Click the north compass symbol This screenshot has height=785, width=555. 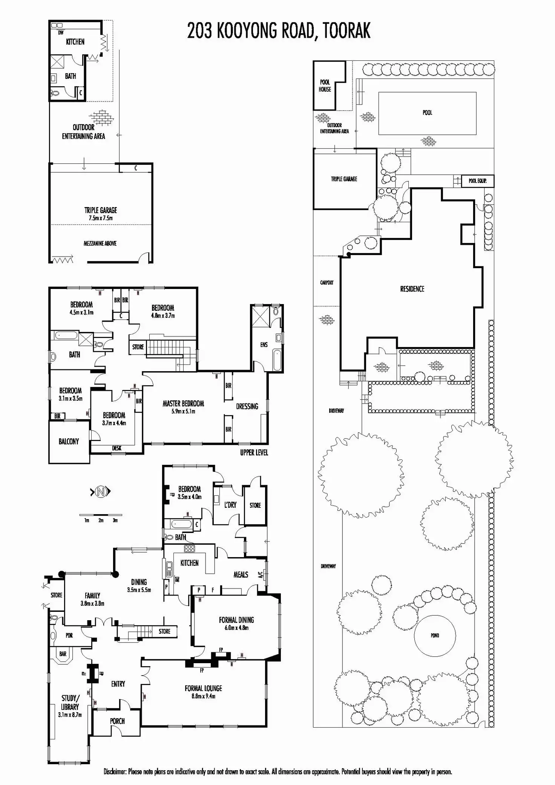pos(101,492)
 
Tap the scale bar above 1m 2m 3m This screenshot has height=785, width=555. pos(101,515)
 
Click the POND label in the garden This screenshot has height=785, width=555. pos(435,635)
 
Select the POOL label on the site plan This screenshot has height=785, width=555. pos(427,112)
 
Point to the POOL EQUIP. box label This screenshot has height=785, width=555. pos(477,181)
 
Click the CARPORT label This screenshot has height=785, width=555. pos(327,282)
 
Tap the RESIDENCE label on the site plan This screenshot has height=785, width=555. pos(412,289)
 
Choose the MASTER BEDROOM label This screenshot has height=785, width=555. pos(183,404)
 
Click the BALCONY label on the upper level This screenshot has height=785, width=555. pos(69,441)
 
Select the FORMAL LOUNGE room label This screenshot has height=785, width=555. pos(203,688)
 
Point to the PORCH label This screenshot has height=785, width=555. pos(117,721)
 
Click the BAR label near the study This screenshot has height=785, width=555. pos(63,654)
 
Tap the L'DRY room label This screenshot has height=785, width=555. pos(230,505)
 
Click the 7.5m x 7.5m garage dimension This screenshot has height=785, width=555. pos(101,218)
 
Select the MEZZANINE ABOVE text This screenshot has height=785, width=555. pos(100,243)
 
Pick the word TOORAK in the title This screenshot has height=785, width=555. pos(346,31)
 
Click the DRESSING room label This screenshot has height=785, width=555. pos(247,406)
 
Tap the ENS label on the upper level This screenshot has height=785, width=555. pos(264,344)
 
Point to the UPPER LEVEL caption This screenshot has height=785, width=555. pos(254,452)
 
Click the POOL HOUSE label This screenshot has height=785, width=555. pos(325,86)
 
